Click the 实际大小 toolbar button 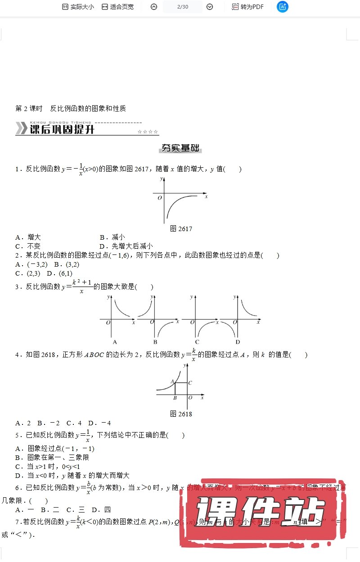77,7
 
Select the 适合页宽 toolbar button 117,7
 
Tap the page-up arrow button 154,7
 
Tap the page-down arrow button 210,7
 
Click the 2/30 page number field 183,7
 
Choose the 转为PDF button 247,7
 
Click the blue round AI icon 283,7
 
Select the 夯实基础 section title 180,149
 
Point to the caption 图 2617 181,229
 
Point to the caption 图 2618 181,414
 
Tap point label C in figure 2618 190,383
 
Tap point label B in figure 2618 175,398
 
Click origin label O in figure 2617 159,197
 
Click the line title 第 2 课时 29,108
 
